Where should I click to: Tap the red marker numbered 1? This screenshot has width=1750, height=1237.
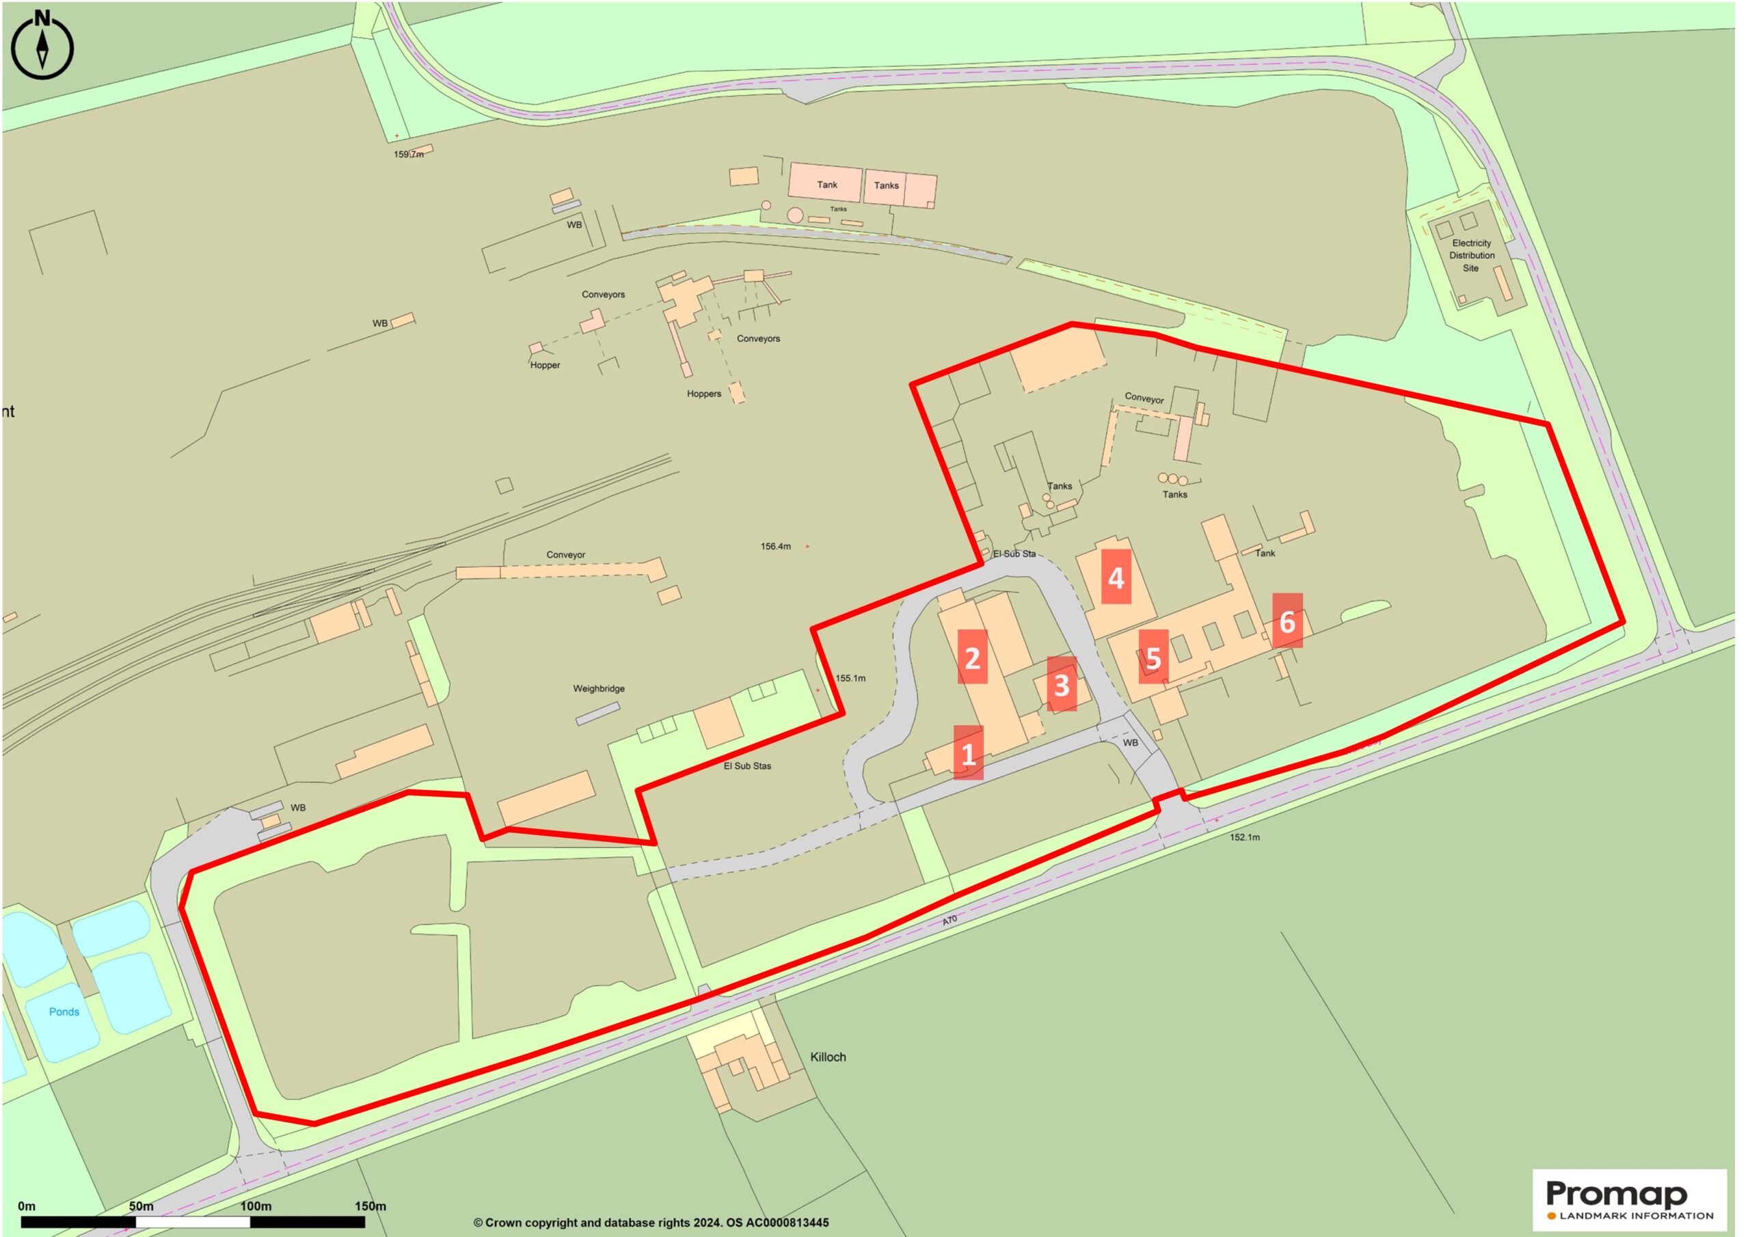coord(968,753)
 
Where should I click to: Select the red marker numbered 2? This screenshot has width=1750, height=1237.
coord(972,657)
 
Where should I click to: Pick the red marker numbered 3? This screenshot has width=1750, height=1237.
coord(1061,684)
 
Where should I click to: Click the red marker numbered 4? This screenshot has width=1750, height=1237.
coord(1116,577)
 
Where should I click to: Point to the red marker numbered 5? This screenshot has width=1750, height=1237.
coord(1153,657)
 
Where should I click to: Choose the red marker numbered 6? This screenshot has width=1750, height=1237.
coord(1287,621)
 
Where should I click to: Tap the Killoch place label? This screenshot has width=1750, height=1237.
coord(828,1057)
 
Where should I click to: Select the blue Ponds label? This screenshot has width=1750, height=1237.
coord(64,1012)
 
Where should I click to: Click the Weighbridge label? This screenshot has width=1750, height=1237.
coord(599,688)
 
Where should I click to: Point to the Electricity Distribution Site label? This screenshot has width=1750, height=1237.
coord(1471,256)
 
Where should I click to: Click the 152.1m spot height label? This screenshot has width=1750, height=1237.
coord(1245,837)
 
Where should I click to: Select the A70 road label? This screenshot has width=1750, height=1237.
coord(949,921)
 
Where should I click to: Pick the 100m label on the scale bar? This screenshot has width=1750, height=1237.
coord(256,1206)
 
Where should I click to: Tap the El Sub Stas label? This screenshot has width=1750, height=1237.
coord(747,766)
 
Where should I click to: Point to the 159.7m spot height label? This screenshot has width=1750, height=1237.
coord(409,154)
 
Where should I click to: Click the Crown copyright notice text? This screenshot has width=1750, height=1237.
coord(650,1223)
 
